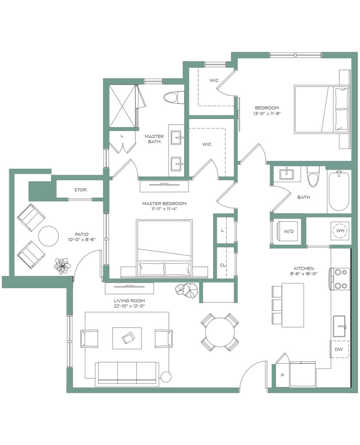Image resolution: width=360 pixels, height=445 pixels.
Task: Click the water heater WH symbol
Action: pyautogui.click(x=340, y=230)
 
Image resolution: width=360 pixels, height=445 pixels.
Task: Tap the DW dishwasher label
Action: pyautogui.click(x=339, y=349)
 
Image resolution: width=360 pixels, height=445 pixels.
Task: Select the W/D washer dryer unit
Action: pyautogui.click(x=287, y=231)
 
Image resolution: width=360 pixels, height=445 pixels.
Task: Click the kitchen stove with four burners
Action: pyautogui.click(x=339, y=279)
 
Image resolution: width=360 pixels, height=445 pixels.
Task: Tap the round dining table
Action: pyautogui.click(x=220, y=332)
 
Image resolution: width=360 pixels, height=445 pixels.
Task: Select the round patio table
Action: pyautogui.click(x=48, y=236)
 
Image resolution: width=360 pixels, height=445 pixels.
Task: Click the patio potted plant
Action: pyautogui.click(x=62, y=266)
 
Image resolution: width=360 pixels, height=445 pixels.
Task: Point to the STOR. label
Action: pyautogui.click(x=81, y=190)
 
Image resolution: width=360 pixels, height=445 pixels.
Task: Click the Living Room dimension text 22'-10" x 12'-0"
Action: pyautogui.click(x=129, y=306)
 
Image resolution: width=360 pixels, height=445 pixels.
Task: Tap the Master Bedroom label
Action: pyautogui.click(x=164, y=203)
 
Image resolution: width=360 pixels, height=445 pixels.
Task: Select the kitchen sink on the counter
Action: pyautogui.click(x=339, y=326)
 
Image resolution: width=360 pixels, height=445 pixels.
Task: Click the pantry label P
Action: pyautogui.click(x=282, y=375)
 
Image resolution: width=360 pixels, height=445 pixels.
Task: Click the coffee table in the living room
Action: pyautogui.click(x=127, y=338)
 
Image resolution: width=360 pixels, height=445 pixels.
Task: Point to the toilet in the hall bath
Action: pyautogui.click(x=313, y=176)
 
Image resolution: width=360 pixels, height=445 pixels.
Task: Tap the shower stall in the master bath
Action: pyautogui.click(x=122, y=106)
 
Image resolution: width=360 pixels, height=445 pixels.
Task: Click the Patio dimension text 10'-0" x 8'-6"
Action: pyautogui.click(x=82, y=239)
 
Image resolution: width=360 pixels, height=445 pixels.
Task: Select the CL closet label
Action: pyautogui.click(x=223, y=265)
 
